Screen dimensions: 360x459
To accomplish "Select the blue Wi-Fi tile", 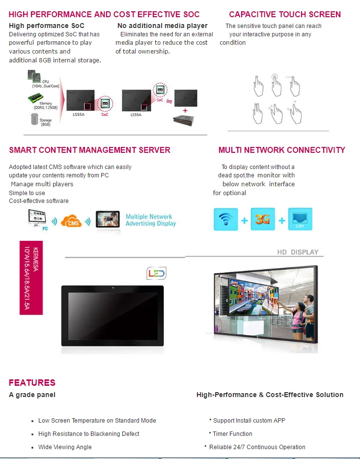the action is pyautogui.click(x=225, y=219).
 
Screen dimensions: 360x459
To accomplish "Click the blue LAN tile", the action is pyautogui.click(x=300, y=219).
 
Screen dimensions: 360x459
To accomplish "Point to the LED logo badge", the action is pyautogui.click(x=156, y=273).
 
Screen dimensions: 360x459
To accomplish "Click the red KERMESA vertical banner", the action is pyautogui.click(x=31, y=278).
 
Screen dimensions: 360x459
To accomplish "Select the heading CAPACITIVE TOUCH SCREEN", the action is pyautogui.click(x=285, y=14).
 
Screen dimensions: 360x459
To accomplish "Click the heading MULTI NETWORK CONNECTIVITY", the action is pyautogui.click(x=281, y=150).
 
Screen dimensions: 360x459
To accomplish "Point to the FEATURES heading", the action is pyautogui.click(x=32, y=382).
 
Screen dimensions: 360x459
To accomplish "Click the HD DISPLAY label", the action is pyautogui.click(x=298, y=252).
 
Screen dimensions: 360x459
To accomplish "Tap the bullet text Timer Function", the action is pyautogui.click(x=232, y=434).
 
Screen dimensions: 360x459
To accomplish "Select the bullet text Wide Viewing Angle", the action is pyautogui.click(x=65, y=447).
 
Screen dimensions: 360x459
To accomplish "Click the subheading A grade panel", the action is pyautogui.click(x=32, y=395).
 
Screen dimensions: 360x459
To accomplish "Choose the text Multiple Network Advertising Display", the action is pyautogui.click(x=150, y=220).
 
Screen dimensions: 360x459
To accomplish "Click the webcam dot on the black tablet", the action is pyautogui.click(x=112, y=287).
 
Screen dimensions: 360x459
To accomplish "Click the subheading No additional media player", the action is pyautogui.click(x=163, y=26).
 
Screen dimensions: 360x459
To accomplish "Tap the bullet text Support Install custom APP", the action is pyautogui.click(x=249, y=421).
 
